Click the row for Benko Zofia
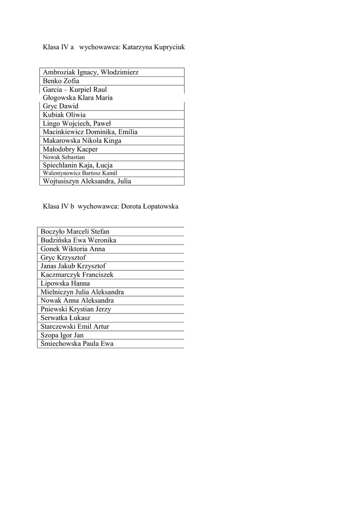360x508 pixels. pyautogui.click(x=61, y=81)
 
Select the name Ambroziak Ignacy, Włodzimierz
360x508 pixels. pyautogui.click(x=90, y=72)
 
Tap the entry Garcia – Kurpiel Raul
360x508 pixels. pyautogui.click(x=75, y=90)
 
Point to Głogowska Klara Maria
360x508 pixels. pyautogui.click(x=77, y=98)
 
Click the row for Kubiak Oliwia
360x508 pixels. pyautogui.click(x=64, y=115)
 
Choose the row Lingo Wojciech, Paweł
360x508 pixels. pyautogui.click(x=77, y=124)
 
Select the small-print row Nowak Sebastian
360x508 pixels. pyautogui.click(x=64, y=157)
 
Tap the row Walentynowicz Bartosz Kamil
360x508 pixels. pyautogui.click(x=80, y=173)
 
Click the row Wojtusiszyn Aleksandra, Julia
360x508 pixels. pyautogui.click(x=87, y=181)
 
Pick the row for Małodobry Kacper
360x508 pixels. pyautogui.click(x=70, y=149)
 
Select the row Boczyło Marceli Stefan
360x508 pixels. pyautogui.click(x=75, y=232)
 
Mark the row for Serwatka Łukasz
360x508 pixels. pyautogui.click(x=66, y=318)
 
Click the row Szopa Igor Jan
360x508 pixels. pyautogui.click(x=62, y=335)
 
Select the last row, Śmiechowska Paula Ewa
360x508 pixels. pyautogui.click(x=77, y=344)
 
